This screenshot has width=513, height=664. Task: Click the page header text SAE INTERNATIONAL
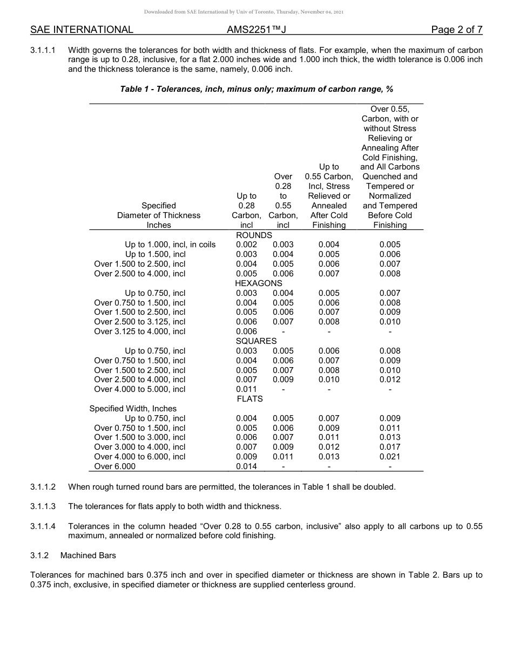pyautogui.click(x=82, y=30)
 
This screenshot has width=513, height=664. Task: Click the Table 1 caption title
pyautogui.click(x=260, y=89)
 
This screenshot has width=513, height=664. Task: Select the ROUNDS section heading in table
pyautogui.click(x=254, y=235)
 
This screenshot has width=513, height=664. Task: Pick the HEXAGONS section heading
pyautogui.click(x=258, y=283)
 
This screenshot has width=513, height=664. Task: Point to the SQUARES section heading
pyautogui.click(x=256, y=341)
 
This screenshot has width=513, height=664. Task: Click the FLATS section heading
pyautogui.click(x=249, y=399)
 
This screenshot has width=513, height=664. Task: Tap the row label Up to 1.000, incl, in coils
pyautogui.click(x=170, y=245)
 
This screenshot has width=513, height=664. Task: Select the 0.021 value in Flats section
pyautogui.click(x=390, y=457)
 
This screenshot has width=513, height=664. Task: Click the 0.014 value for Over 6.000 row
pyautogui.click(x=246, y=466)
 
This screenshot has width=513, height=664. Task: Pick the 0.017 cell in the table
pyautogui.click(x=390, y=447)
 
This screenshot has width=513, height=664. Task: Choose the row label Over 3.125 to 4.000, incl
pyautogui.click(x=139, y=331)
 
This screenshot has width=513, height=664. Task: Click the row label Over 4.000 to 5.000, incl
pyautogui.click(x=139, y=389)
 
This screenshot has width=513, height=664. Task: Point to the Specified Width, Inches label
pyautogui.click(x=133, y=409)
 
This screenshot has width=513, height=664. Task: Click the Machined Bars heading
pyautogui.click(x=88, y=555)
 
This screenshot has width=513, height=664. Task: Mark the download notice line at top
pyautogui.click(x=244, y=11)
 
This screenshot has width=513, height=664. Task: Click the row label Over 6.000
pyautogui.click(x=115, y=466)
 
